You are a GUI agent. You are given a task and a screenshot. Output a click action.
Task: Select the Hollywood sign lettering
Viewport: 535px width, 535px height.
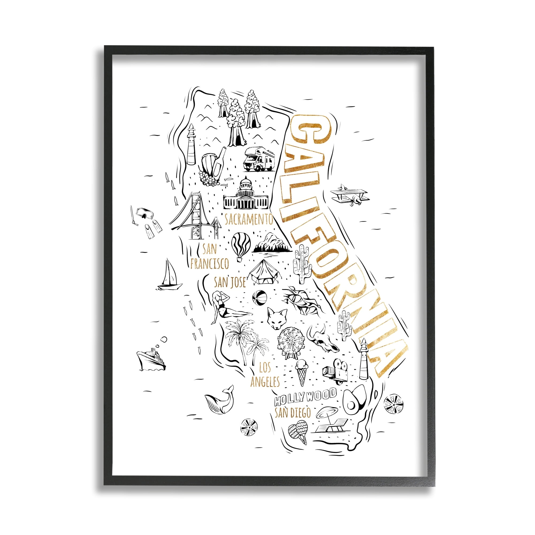[x=305, y=400]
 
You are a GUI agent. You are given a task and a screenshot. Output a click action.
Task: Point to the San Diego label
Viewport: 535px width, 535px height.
[x=293, y=413]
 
